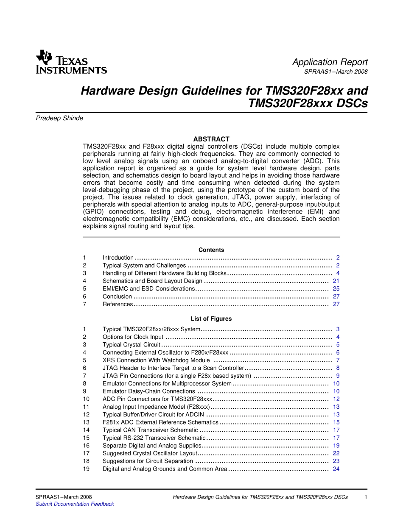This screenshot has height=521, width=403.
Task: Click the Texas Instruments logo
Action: tap(71, 62)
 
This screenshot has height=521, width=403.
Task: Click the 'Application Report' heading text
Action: tap(330, 62)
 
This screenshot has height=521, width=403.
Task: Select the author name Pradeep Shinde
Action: tap(59, 119)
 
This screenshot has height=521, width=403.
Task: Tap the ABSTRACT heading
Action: tap(211, 139)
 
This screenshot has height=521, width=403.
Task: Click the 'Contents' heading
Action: tap(211, 250)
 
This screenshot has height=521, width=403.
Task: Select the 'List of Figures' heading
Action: tap(211, 319)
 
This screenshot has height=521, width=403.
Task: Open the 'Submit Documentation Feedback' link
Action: tap(75, 504)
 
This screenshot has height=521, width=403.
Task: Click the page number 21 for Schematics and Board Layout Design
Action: tap(336, 281)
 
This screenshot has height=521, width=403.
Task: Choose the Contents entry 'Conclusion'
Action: tap(117, 297)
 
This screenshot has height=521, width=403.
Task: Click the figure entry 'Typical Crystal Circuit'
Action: tap(132, 345)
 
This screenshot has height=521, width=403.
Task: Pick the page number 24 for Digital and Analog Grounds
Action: tap(336, 469)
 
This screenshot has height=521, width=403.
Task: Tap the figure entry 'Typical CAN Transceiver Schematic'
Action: tap(150, 430)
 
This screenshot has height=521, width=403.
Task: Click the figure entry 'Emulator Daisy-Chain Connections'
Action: tap(149, 391)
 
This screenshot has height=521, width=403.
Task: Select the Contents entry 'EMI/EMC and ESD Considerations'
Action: tap(148, 289)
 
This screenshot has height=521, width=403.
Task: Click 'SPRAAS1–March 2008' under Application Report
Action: tap(336, 72)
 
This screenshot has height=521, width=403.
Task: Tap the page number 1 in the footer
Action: tap(365, 497)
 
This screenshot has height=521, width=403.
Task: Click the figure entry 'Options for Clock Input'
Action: tap(133, 337)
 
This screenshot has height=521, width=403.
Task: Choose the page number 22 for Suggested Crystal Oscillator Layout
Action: tap(336, 453)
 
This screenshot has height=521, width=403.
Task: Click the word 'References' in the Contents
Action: tap(118, 304)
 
